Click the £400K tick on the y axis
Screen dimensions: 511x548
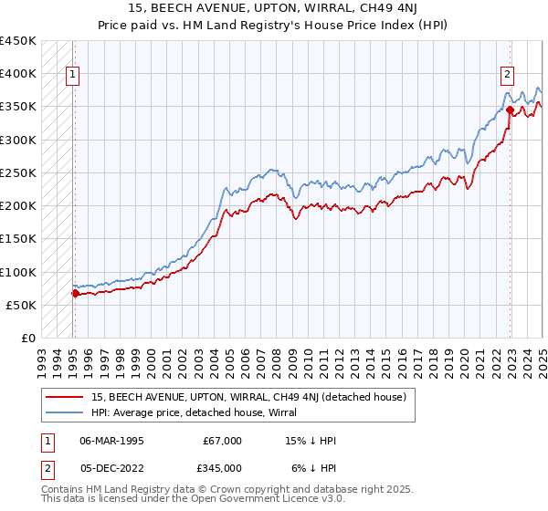coord(18,74)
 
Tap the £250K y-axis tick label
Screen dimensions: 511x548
coord(18,172)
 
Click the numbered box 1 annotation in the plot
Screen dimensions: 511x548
coord(72,76)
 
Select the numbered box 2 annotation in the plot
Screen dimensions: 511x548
coord(507,76)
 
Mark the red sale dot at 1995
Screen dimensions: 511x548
coord(76,294)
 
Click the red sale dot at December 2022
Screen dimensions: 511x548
coord(510,110)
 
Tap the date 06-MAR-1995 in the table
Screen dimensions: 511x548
coord(111,441)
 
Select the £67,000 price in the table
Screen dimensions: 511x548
coord(223,441)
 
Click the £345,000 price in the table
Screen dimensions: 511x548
coord(223,467)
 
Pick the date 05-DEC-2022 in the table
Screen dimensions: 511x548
coord(111,467)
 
